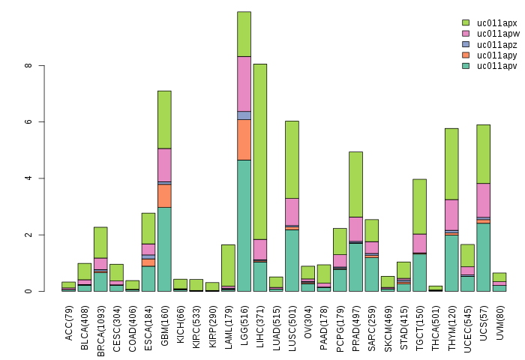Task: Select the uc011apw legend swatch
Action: tap(465, 34)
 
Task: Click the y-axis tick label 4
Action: tap(28, 178)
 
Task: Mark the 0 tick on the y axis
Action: tap(28, 291)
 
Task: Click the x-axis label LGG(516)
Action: tap(244, 320)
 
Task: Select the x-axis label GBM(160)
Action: tap(165, 320)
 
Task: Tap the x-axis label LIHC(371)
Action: tap(260, 320)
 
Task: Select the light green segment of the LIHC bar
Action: tap(260, 150)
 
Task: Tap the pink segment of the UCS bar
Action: tap(483, 200)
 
